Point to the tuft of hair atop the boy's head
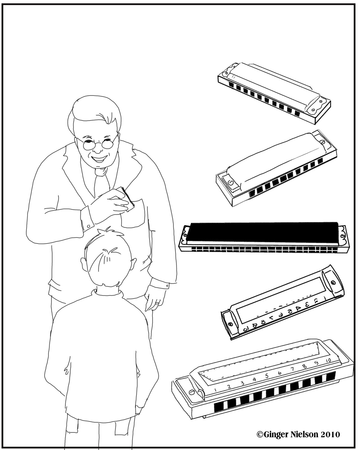coord(107,235)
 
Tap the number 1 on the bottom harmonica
coord(215,390)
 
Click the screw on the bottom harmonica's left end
coord(192,392)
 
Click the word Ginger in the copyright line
coord(277,434)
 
